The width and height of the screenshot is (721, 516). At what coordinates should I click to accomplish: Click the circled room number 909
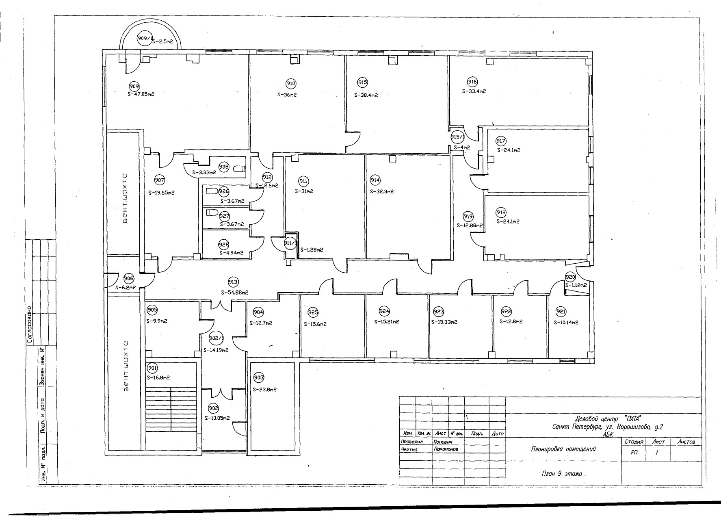(134, 86)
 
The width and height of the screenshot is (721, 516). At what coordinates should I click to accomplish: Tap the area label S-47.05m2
(141, 93)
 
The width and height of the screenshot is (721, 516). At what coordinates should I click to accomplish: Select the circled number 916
(472, 82)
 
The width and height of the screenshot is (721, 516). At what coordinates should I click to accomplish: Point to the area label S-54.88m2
(234, 292)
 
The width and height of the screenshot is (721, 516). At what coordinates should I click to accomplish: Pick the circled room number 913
(233, 282)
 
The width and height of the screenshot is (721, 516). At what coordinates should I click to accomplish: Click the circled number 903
(259, 377)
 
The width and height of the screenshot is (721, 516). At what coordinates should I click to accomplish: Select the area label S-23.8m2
(264, 389)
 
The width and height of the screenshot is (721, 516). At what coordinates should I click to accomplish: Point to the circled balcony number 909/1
(144, 39)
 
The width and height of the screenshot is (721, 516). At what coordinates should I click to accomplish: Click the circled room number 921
(561, 312)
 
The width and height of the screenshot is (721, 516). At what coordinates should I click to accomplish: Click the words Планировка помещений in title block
(563, 449)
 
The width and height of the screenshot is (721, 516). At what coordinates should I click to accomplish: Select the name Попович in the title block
(443, 442)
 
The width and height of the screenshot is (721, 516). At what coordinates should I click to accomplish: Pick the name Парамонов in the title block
(446, 449)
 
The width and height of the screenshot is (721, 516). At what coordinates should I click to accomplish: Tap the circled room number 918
(501, 212)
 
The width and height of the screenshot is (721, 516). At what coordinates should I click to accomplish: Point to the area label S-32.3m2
(382, 191)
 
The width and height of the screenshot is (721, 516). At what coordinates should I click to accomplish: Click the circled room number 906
(129, 278)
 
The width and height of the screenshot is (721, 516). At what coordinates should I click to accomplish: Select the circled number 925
(313, 312)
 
